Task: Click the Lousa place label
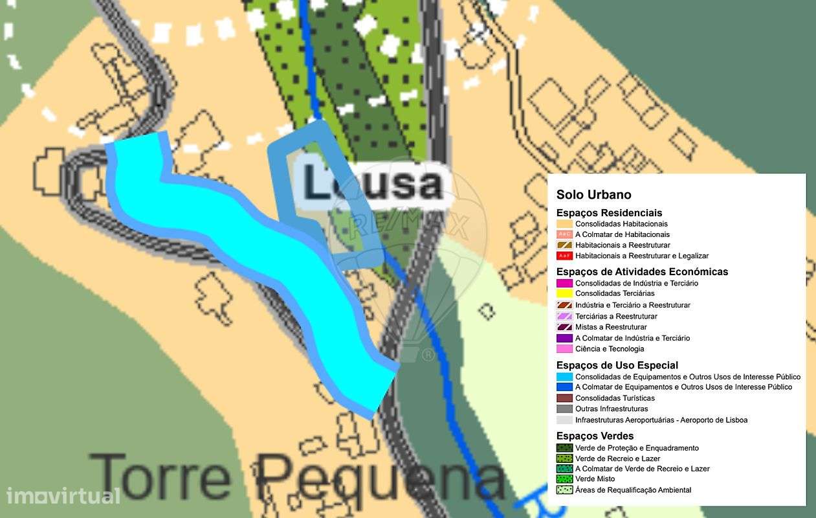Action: tap(373, 183)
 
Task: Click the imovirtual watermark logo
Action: tap(63, 496)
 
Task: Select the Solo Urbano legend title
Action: tap(593, 195)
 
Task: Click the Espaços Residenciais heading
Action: tap(609, 212)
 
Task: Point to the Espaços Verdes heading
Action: tap(595, 436)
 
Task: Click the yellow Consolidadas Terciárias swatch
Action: tap(564, 294)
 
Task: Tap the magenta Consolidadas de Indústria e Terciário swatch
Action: tap(564, 283)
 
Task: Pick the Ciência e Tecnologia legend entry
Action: tap(610, 349)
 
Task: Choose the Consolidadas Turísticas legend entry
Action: tap(615, 398)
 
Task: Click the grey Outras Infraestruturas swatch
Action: tap(564, 409)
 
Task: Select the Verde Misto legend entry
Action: tap(595, 479)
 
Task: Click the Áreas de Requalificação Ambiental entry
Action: tap(633, 490)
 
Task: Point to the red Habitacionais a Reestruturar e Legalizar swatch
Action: tap(564, 256)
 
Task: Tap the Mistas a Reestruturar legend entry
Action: tap(611, 327)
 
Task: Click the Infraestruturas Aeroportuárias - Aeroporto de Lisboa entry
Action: tap(661, 420)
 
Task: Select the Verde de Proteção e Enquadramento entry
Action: tap(637, 448)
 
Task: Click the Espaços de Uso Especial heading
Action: tap(617, 365)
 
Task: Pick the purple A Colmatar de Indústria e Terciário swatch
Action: tap(564, 338)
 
